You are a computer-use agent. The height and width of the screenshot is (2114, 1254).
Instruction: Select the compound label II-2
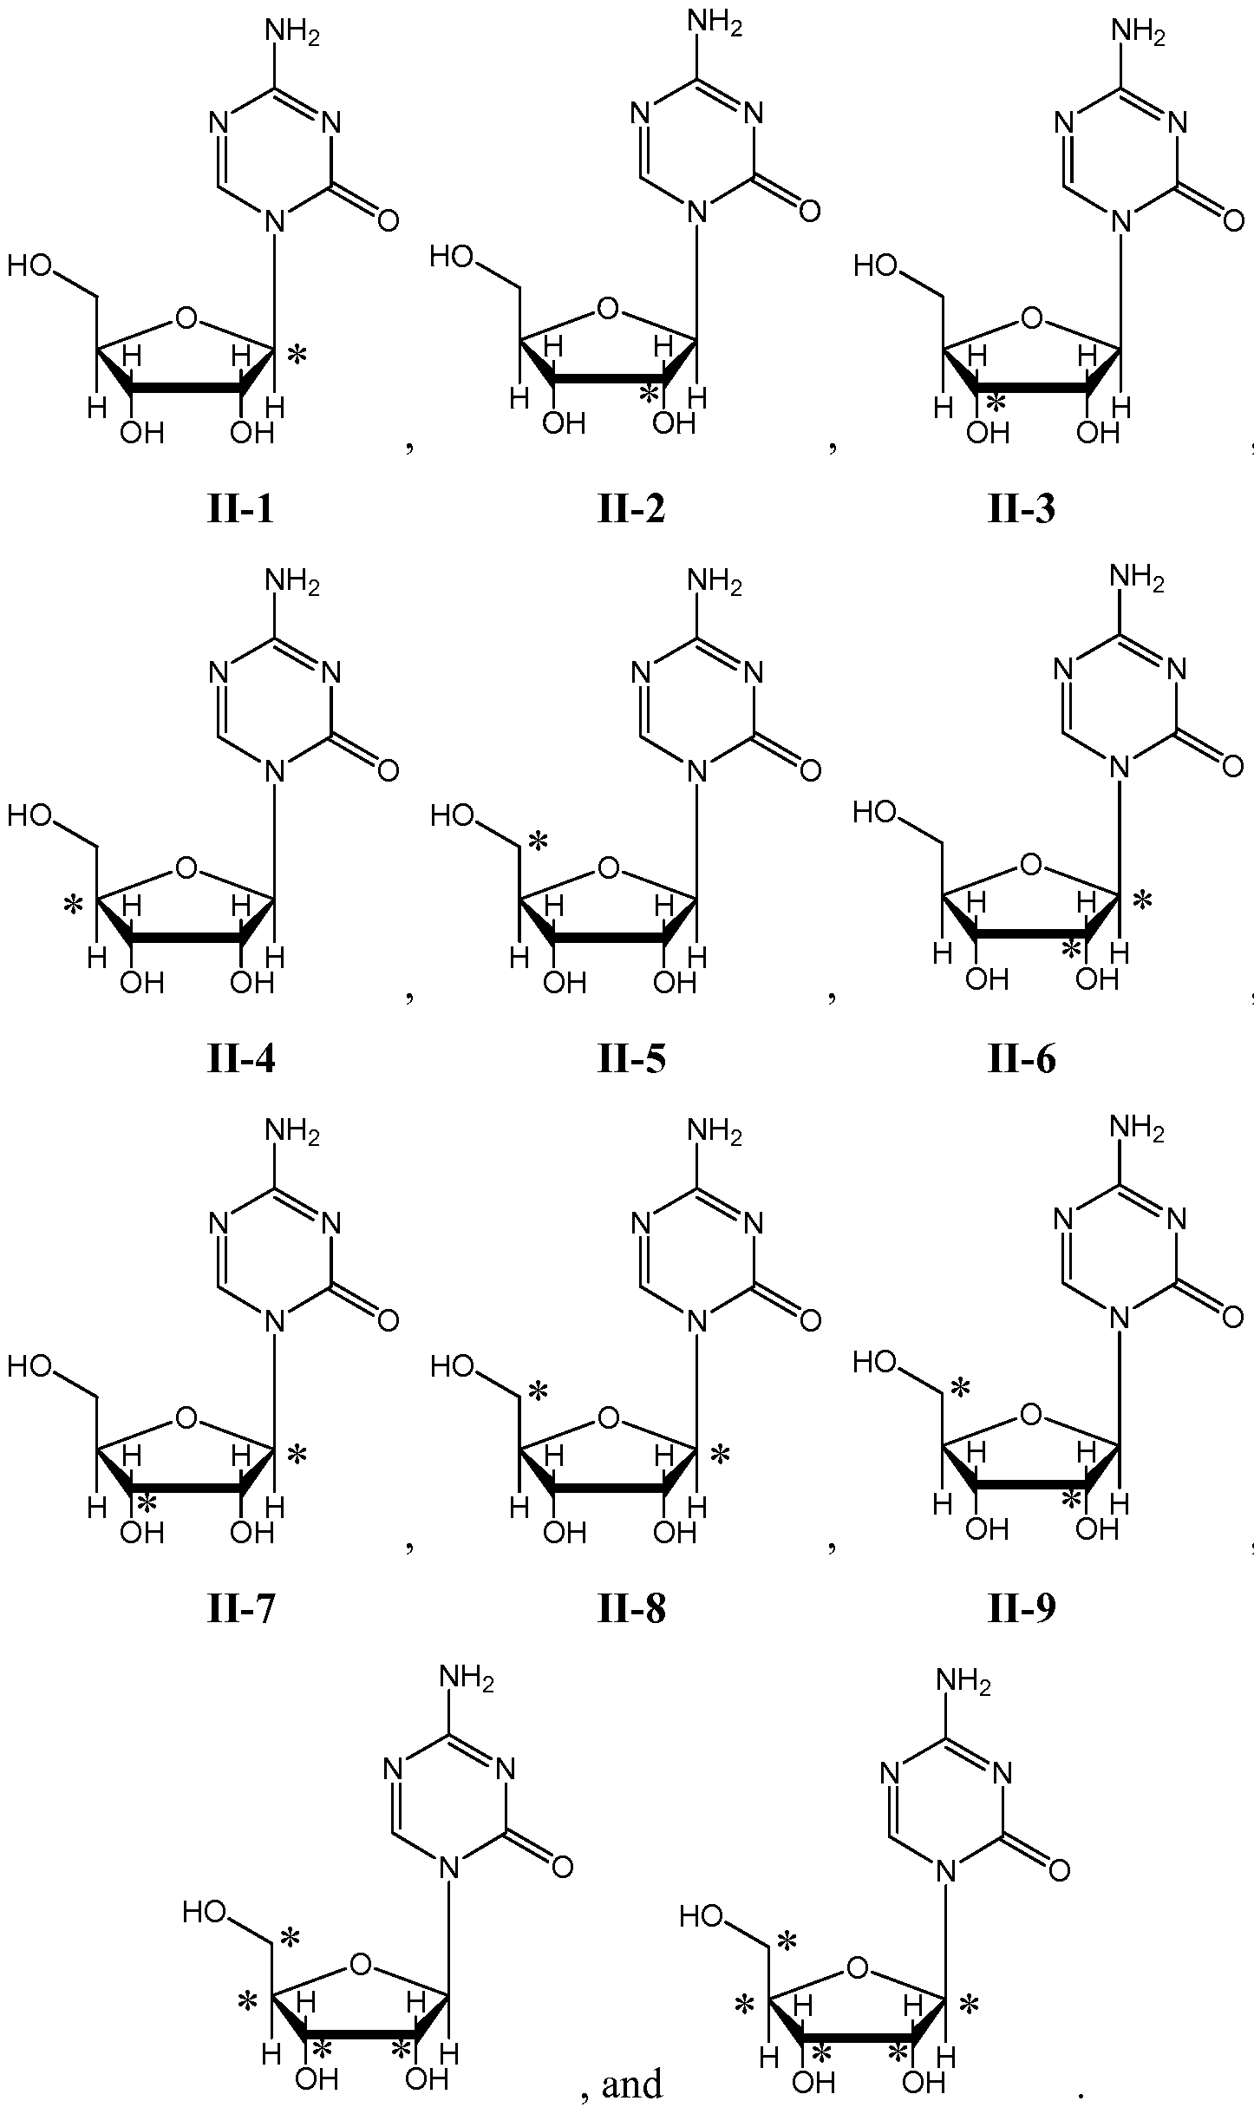pos(631,509)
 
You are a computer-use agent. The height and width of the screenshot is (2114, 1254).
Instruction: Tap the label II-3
pos(1022,509)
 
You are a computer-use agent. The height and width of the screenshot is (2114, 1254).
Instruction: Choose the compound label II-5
pos(631,1058)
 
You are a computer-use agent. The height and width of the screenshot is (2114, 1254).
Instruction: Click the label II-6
pos(1022,1058)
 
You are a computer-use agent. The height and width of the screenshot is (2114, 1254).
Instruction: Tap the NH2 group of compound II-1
pos(292,34)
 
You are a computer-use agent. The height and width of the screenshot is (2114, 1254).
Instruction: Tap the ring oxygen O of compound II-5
pos(609,867)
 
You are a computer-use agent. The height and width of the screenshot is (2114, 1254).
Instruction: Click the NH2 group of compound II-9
pos(1137,1129)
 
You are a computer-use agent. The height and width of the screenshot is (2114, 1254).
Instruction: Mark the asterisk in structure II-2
pos(647,393)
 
